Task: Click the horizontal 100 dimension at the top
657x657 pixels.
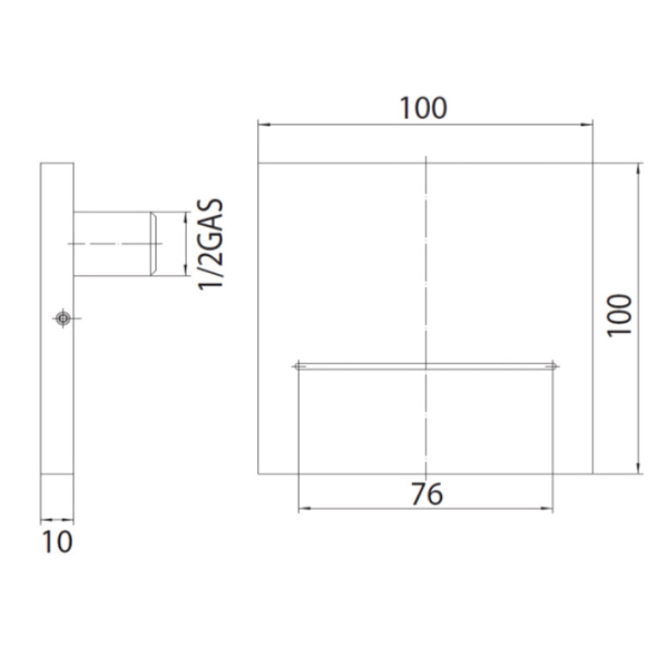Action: tap(424, 108)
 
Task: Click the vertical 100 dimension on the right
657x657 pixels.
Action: tap(619, 314)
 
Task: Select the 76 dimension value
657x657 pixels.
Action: tap(427, 494)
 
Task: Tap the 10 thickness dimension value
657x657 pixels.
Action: tap(57, 541)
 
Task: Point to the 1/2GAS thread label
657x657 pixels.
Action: tap(211, 244)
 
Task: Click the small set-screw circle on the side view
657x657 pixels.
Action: tap(63, 319)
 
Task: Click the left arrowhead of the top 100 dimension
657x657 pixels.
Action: tap(264, 124)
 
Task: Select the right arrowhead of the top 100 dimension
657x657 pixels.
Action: tap(587, 124)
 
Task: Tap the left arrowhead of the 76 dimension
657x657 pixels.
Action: tap(304, 509)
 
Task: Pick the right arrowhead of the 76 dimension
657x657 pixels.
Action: tap(547, 509)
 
